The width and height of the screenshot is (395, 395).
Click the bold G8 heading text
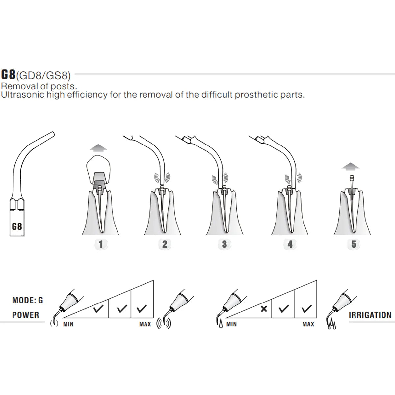tap(8, 74)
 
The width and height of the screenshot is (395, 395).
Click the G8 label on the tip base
tap(17, 226)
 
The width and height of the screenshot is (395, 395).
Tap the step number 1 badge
tap(101, 244)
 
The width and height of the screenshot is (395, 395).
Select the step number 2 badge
tap(165, 244)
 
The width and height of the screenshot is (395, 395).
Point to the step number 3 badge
tap(224, 244)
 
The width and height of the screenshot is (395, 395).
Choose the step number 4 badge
tap(290, 244)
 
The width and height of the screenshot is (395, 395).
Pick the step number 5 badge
tap(354, 244)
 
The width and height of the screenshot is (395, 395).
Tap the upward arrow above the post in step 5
tap(351, 166)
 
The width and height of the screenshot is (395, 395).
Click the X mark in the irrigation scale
tap(264, 309)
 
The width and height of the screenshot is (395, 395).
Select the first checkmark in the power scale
tap(98, 309)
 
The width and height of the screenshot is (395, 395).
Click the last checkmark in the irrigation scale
tap(307, 309)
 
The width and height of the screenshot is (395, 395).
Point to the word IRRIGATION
tap(370, 315)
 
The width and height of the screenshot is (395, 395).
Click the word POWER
tap(26, 315)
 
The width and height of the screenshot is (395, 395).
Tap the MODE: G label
tap(28, 300)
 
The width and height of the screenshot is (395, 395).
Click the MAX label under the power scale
tap(145, 324)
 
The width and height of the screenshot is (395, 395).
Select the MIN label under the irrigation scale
tap(232, 324)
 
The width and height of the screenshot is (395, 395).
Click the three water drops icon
tap(332, 325)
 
